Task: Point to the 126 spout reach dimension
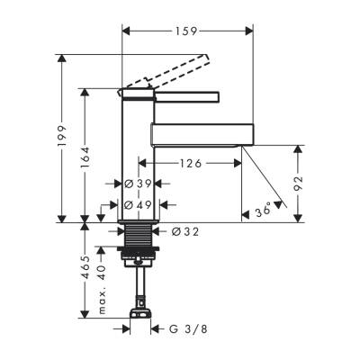point(189,165)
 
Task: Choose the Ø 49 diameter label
point(139,205)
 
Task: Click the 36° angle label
point(263,212)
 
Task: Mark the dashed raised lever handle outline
point(171,73)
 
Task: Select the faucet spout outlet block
point(197,135)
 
